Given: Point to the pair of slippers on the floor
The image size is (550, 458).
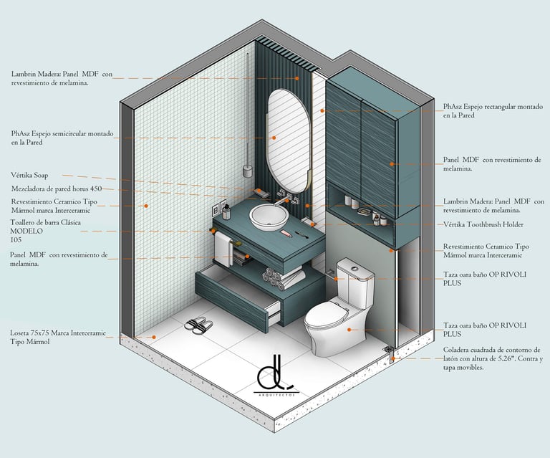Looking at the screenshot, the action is point(198,325).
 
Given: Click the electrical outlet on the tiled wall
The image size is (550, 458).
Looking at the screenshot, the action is point(216,210).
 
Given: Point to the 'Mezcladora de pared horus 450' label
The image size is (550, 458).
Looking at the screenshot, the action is point(57,189).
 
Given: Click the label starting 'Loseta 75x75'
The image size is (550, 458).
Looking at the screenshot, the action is point(57,337).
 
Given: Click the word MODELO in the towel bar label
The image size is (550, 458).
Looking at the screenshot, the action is point(27,232).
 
